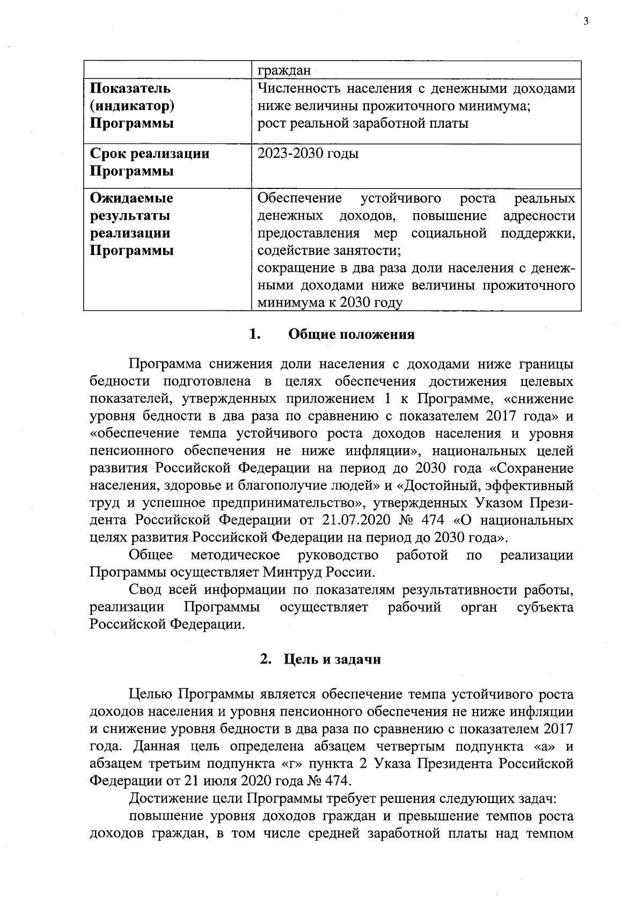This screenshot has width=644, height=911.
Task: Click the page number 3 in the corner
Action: pyautogui.click(x=586, y=21)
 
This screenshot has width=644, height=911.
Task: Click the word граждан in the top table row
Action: pyautogui.click(x=280, y=70)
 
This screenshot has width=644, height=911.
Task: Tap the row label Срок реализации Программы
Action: pyautogui.click(x=149, y=163)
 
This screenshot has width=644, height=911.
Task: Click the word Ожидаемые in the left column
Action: pyautogui.click(x=131, y=198)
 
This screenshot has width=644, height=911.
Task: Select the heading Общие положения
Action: pyautogui.click(x=352, y=334)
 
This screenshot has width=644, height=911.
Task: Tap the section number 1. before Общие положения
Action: pyautogui.click(x=255, y=334)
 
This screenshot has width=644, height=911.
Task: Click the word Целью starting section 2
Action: pyautogui.click(x=151, y=694)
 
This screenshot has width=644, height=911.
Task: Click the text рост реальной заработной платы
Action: pyautogui.click(x=363, y=123)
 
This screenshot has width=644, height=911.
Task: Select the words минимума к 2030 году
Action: pyautogui.click(x=330, y=303)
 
